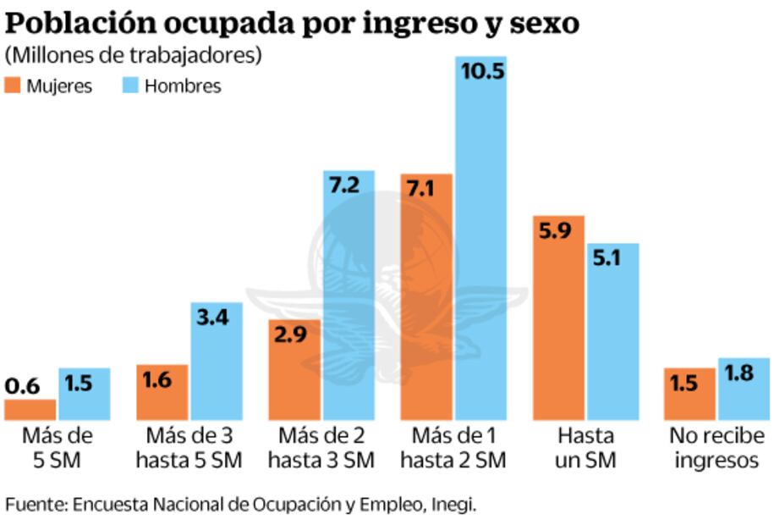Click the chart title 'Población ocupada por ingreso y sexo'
pyautogui.click(x=293, y=23)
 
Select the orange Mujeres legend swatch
pyautogui.click(x=14, y=86)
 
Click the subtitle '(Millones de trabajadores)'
pyautogui.click(x=133, y=56)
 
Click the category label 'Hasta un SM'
pyautogui.click(x=585, y=448)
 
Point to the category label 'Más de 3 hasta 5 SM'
pyautogui.click(x=189, y=448)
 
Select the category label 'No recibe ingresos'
pyautogui.click(x=716, y=448)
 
